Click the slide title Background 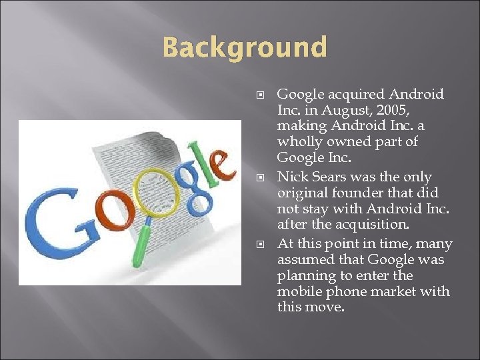pyautogui.click(x=245, y=48)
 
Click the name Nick pyautogui.click(x=292, y=177)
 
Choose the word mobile pyautogui.click(x=298, y=292)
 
